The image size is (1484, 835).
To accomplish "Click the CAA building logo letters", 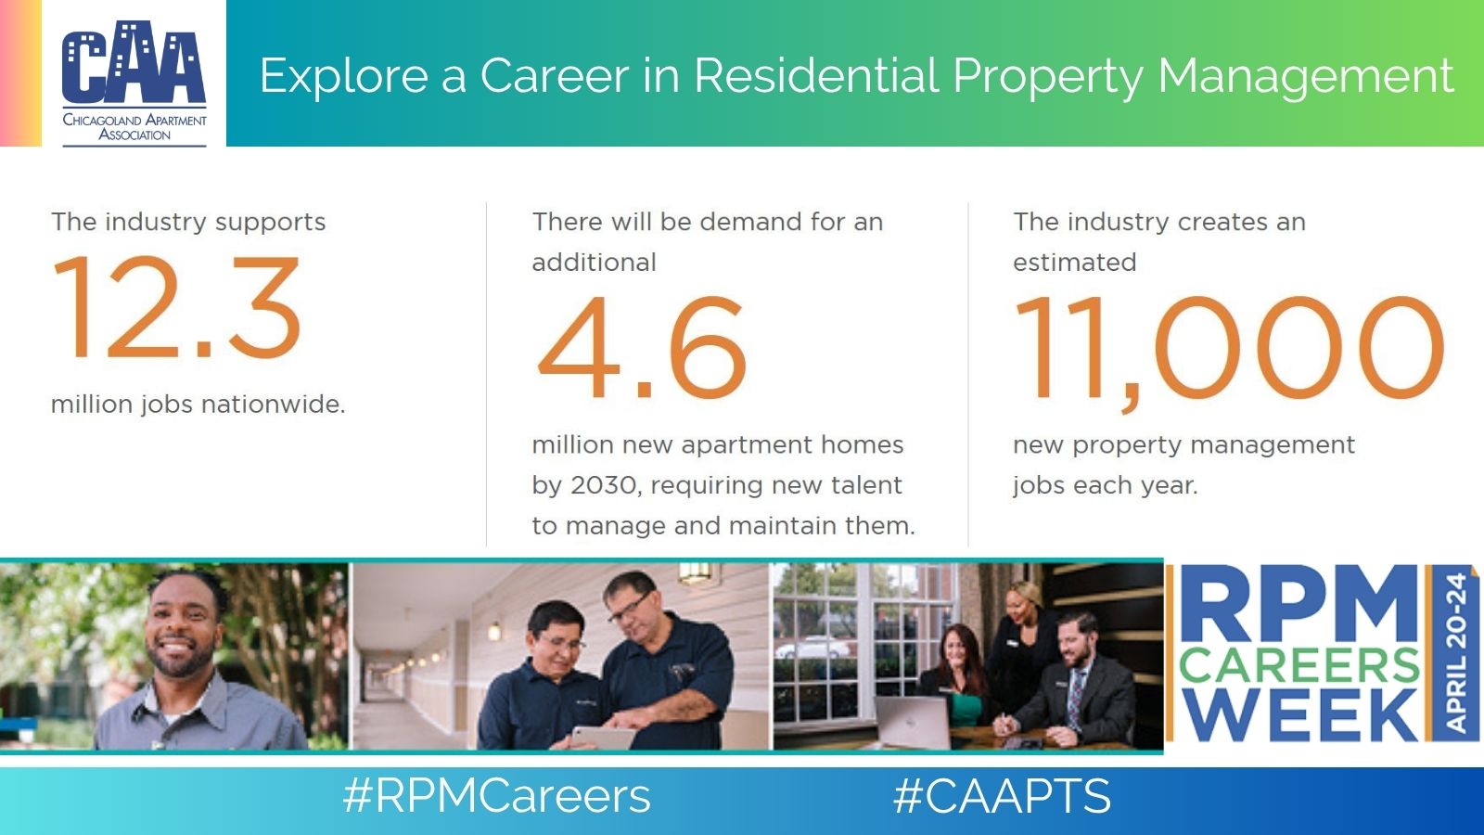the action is pyautogui.click(x=134, y=62).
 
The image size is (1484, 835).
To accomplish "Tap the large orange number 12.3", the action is pyautogui.click(x=177, y=307).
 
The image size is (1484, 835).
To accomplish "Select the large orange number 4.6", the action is pyautogui.click(x=642, y=347).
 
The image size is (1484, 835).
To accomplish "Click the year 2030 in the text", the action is pyautogui.click(x=605, y=485).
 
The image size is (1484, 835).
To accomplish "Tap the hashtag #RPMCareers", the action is pyautogui.click(x=497, y=796).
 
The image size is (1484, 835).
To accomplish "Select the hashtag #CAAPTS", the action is pyautogui.click(x=1003, y=796).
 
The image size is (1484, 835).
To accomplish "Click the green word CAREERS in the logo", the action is pyautogui.click(x=1299, y=666).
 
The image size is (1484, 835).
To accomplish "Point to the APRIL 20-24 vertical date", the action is pyautogui.click(x=1456, y=653).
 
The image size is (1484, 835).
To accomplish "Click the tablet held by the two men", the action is pyautogui.click(x=603, y=738).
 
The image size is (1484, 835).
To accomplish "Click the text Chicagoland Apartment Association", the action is pyautogui.click(x=134, y=127).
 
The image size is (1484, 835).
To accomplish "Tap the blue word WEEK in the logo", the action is pyautogui.click(x=1298, y=714).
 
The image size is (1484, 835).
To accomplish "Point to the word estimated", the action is pyautogui.click(x=1075, y=263).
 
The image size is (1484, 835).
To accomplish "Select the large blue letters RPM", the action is pyautogui.click(x=1299, y=604).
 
